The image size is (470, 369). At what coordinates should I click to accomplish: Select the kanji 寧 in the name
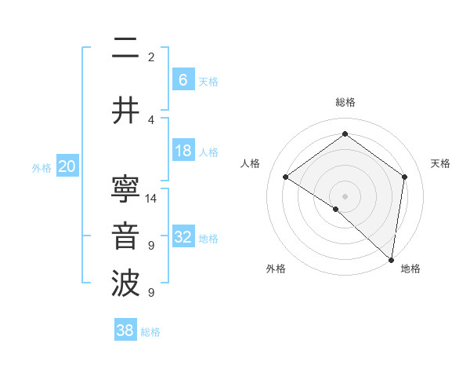125,188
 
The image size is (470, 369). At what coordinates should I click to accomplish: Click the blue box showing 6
183,79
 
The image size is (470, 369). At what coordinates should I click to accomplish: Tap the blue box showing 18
183,151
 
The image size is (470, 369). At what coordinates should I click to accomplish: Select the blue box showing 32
183,237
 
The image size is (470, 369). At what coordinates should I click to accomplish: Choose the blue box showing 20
67,166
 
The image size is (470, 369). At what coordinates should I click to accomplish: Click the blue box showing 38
125,331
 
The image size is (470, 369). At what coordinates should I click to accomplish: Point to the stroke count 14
152,199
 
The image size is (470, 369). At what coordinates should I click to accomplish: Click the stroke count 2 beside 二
151,57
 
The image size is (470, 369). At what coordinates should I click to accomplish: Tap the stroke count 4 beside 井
151,119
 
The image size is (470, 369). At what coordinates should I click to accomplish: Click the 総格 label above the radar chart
345,102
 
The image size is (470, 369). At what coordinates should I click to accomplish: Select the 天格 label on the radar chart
441,163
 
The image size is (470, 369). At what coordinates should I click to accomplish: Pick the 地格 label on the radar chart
410,269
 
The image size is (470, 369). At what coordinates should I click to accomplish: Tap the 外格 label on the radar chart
276,269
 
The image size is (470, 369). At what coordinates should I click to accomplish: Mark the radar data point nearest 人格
286,177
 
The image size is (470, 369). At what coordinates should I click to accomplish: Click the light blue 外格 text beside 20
41,167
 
